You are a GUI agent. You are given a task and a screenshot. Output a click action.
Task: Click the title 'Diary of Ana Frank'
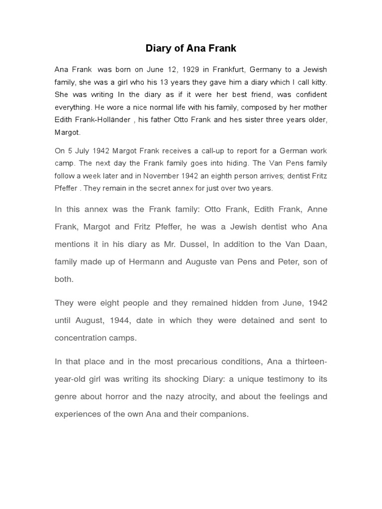coord(191,49)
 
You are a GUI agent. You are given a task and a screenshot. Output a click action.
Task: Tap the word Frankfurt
coord(226,69)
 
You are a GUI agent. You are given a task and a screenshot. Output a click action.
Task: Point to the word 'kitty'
coord(318,82)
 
